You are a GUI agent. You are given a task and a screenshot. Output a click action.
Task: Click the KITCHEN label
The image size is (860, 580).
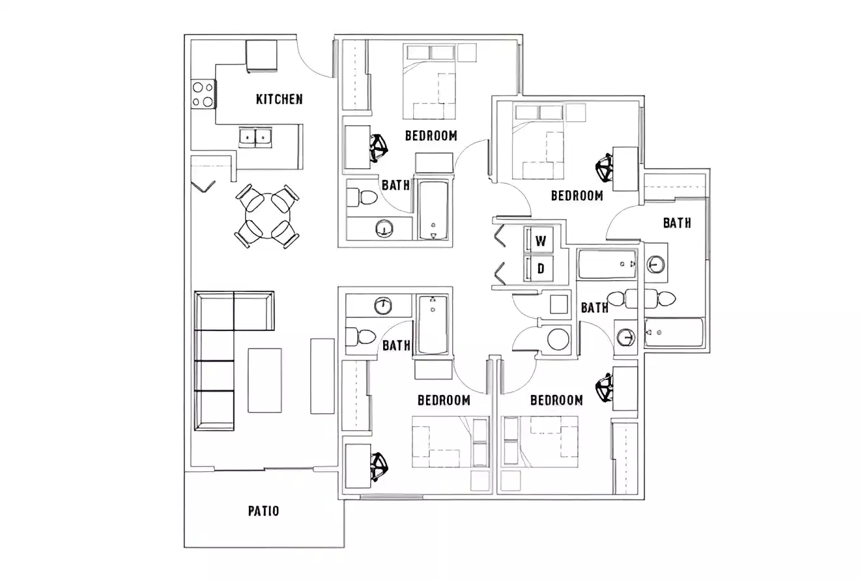pos(279,99)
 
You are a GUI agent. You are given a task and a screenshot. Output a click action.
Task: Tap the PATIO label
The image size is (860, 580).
pos(263,510)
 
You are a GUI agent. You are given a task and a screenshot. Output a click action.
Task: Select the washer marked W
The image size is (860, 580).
pos(540,240)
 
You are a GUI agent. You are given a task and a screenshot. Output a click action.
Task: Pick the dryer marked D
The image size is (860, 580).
pos(540,267)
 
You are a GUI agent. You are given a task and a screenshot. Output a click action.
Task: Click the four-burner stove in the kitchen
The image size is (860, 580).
pos(203,93)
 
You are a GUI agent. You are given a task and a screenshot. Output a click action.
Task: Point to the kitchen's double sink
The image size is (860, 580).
pos(255,137)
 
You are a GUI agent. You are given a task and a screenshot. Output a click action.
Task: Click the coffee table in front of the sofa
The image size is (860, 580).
pos(265,380)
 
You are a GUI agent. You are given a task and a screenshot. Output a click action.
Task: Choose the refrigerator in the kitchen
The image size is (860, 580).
pos(261,55)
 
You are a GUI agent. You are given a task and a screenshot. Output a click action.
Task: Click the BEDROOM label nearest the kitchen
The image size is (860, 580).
pos(431,136)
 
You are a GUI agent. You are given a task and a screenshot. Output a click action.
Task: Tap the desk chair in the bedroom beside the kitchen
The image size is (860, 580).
pos(378,148)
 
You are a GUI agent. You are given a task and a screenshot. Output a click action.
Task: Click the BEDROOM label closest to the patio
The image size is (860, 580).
pos(444,399)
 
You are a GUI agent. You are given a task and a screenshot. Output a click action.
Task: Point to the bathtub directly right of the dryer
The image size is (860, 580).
pos(607,264)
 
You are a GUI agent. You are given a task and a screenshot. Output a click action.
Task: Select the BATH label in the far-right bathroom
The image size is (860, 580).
pos(677,223)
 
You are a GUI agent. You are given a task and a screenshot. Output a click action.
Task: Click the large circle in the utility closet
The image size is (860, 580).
pos(558,340)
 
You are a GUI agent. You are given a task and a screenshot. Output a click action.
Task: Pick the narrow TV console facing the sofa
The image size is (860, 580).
pos(322,375)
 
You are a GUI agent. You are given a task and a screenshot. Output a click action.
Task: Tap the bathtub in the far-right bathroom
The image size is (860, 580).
pos(674,332)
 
